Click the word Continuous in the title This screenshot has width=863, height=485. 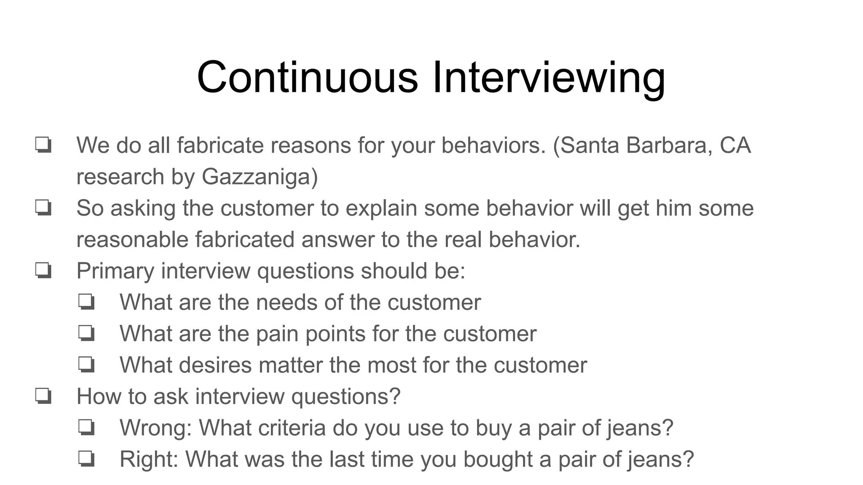307,77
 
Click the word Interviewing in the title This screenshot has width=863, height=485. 548,77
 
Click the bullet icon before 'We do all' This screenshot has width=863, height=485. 43,145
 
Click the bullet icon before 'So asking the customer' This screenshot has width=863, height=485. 43,208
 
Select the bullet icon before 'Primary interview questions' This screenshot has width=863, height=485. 43,271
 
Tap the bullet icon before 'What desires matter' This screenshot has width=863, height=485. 87,365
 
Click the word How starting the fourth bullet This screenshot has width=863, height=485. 98,397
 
